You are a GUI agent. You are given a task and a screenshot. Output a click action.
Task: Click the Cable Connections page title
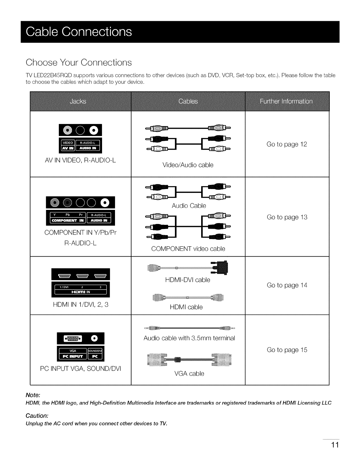tap(79, 32)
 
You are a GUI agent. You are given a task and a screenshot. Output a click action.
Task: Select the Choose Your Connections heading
tap(79, 62)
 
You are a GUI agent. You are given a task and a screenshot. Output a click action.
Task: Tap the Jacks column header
tap(78, 101)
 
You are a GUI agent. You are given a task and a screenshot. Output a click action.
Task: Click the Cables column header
tap(188, 101)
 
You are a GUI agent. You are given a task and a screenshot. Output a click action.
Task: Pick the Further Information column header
tap(286, 101)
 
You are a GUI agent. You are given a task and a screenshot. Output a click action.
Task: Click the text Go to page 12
tap(287, 144)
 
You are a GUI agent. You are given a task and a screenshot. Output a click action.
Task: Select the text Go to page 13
tap(287, 217)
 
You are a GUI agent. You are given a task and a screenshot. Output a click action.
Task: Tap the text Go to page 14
tap(287, 285)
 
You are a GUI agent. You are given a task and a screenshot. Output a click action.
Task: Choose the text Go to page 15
tap(287, 350)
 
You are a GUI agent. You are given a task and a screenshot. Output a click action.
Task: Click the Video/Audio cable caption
tap(188, 165)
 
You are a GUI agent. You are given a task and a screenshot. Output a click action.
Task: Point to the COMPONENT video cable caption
tap(188, 249)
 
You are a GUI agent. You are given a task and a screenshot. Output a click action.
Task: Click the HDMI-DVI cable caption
tap(188, 280)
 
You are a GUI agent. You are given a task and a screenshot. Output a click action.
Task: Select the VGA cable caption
tap(189, 374)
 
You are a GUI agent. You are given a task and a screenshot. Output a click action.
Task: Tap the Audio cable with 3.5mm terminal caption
tap(189, 338)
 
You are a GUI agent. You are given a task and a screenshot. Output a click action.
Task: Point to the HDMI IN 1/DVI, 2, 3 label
tap(81, 305)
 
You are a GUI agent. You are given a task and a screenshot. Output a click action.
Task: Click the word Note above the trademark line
tap(33, 394)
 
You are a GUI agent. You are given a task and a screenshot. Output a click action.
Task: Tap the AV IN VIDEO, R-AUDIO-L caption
tap(80, 160)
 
